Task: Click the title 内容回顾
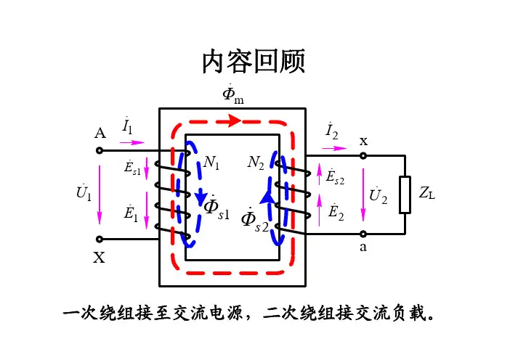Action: click(254, 62)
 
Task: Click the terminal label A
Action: click(100, 134)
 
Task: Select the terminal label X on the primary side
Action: click(100, 256)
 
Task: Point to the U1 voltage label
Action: click(84, 194)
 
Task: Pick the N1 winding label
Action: click(211, 163)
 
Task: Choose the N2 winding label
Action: click(256, 163)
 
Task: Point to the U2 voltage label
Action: click(379, 195)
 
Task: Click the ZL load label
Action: click(427, 193)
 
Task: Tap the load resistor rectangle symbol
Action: click(405, 195)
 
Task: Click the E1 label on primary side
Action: click(131, 213)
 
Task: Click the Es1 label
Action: click(133, 168)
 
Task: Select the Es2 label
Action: click(336, 176)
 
